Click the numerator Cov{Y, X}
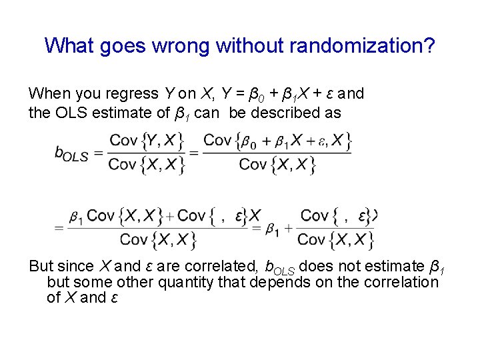tap(146, 140)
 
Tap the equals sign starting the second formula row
tap(59, 228)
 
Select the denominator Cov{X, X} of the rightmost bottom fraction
tap(335, 240)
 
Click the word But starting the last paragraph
tap(41, 267)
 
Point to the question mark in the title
tap(431, 46)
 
